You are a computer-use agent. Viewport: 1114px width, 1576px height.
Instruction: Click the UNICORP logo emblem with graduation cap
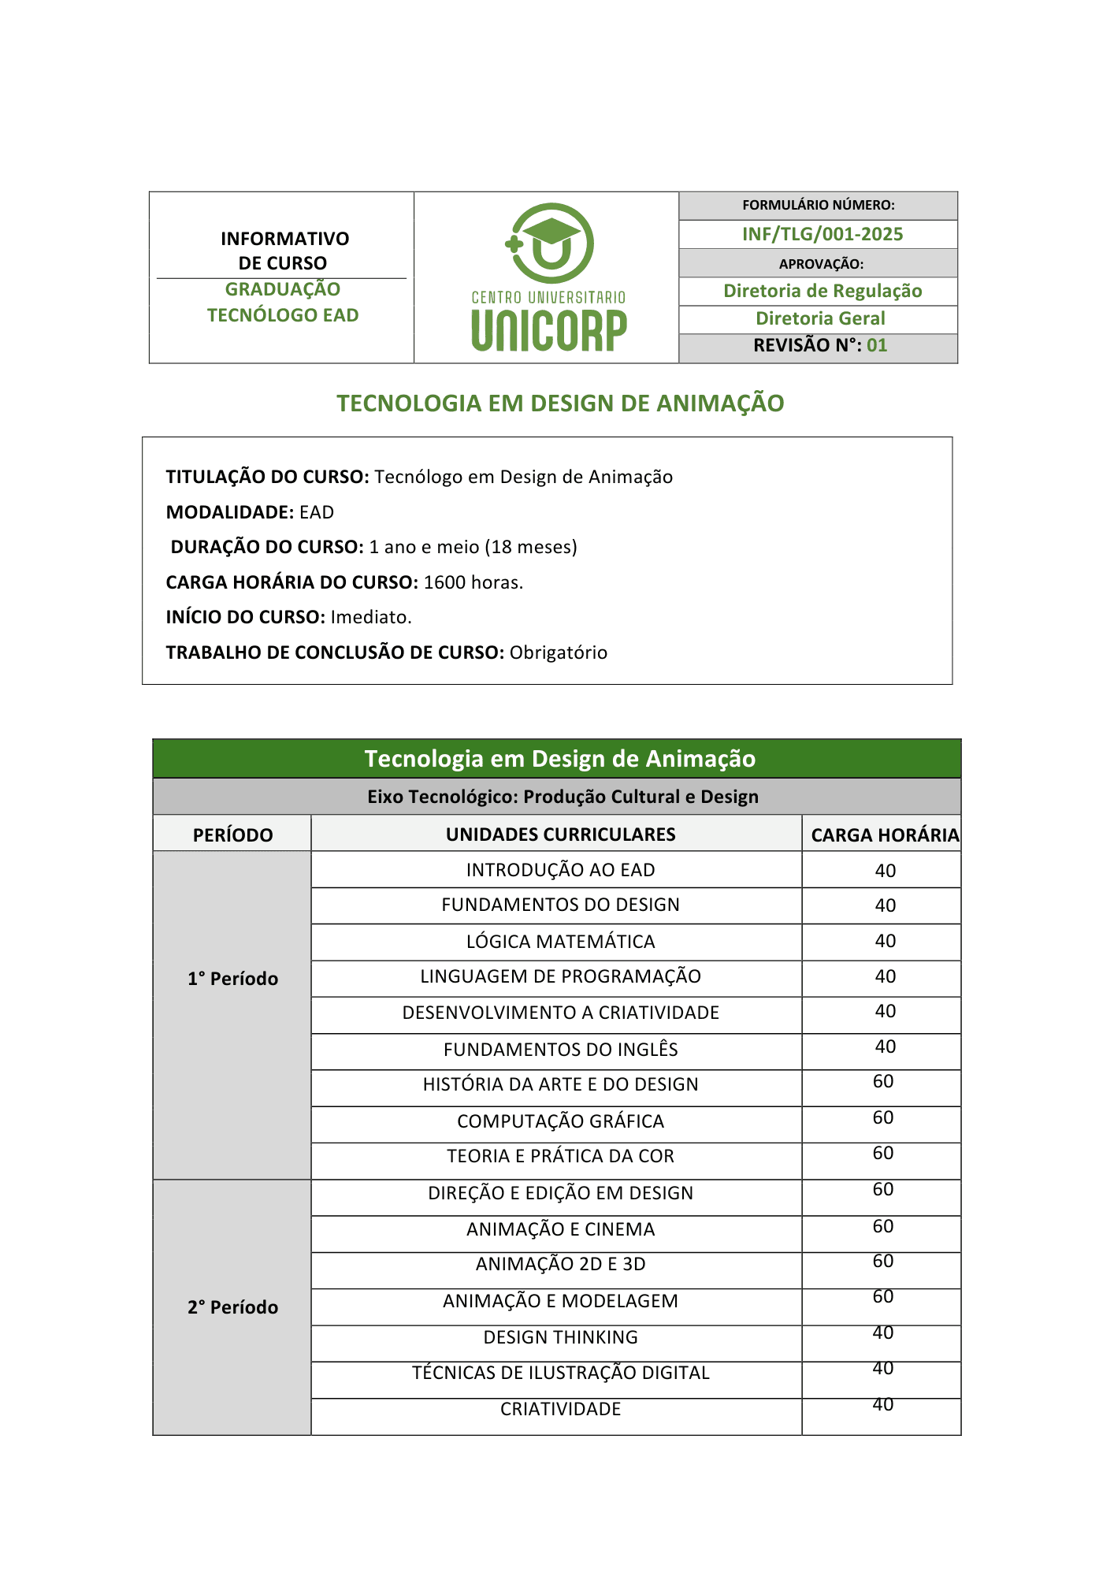click(x=549, y=243)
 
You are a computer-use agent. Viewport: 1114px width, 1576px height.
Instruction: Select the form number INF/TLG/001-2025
click(x=822, y=234)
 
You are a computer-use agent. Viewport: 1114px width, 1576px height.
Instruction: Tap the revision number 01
click(x=877, y=345)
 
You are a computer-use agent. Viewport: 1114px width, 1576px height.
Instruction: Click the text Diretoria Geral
click(x=820, y=318)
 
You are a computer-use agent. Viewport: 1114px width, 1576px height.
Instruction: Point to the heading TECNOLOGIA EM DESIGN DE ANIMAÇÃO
click(x=560, y=403)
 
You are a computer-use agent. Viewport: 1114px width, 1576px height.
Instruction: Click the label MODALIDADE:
click(x=230, y=512)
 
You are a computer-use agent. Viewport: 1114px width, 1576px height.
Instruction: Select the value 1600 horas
click(x=473, y=582)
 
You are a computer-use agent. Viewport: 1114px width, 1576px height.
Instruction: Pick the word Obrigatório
click(x=558, y=652)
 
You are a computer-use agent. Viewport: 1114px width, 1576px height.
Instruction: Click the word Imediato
click(x=370, y=617)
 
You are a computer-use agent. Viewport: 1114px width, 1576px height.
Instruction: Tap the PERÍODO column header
click(x=232, y=834)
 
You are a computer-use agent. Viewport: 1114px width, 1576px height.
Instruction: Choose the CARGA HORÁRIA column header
click(x=885, y=834)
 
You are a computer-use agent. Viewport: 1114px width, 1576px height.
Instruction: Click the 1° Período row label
click(x=232, y=979)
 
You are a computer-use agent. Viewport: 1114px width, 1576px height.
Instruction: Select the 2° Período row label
click(x=232, y=1307)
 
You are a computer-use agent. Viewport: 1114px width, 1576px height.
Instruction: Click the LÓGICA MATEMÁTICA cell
click(x=560, y=942)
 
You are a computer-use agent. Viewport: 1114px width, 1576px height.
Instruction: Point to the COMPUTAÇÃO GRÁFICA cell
click(x=560, y=1121)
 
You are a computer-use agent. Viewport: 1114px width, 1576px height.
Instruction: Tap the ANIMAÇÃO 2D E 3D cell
click(x=560, y=1264)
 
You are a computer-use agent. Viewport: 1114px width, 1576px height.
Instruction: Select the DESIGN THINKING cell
click(x=560, y=1337)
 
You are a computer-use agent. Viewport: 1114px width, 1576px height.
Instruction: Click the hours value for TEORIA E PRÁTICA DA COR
click(x=883, y=1154)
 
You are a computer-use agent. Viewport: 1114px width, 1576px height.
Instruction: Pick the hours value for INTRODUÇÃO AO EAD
click(x=885, y=871)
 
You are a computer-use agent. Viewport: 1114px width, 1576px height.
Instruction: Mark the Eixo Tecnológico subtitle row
click(x=563, y=797)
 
